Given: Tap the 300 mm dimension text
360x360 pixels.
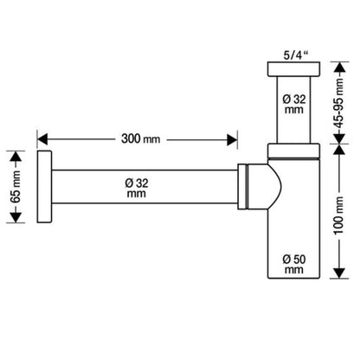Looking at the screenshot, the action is (140, 139).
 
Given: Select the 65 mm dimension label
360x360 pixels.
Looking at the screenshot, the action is (16, 187).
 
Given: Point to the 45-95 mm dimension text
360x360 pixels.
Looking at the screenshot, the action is (339, 103).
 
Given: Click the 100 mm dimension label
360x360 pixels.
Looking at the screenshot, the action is (339, 215).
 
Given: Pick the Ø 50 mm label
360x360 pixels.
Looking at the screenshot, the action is (294, 264).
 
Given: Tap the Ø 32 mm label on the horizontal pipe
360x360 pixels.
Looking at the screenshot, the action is (137, 188).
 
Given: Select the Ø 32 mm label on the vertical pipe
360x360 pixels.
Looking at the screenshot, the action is (294, 105).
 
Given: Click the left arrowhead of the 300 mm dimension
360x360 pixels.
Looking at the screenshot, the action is (42, 139).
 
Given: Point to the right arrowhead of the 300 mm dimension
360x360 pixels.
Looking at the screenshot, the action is (232, 139).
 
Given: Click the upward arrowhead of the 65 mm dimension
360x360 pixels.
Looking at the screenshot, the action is (16, 157).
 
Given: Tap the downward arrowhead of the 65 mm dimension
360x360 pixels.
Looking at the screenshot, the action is (16, 217).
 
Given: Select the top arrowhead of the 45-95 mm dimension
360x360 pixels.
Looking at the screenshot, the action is (339, 67).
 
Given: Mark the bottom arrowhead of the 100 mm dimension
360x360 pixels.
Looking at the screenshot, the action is (339, 273).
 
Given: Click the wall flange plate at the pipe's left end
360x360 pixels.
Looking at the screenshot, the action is (44, 187).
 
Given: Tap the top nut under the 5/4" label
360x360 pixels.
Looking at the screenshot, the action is (293, 69).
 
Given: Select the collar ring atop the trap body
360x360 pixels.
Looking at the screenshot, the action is (293, 151).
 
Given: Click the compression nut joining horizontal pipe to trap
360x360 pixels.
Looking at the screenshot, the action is (242, 186).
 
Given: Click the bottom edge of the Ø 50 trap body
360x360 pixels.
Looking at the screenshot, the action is (293, 278).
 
